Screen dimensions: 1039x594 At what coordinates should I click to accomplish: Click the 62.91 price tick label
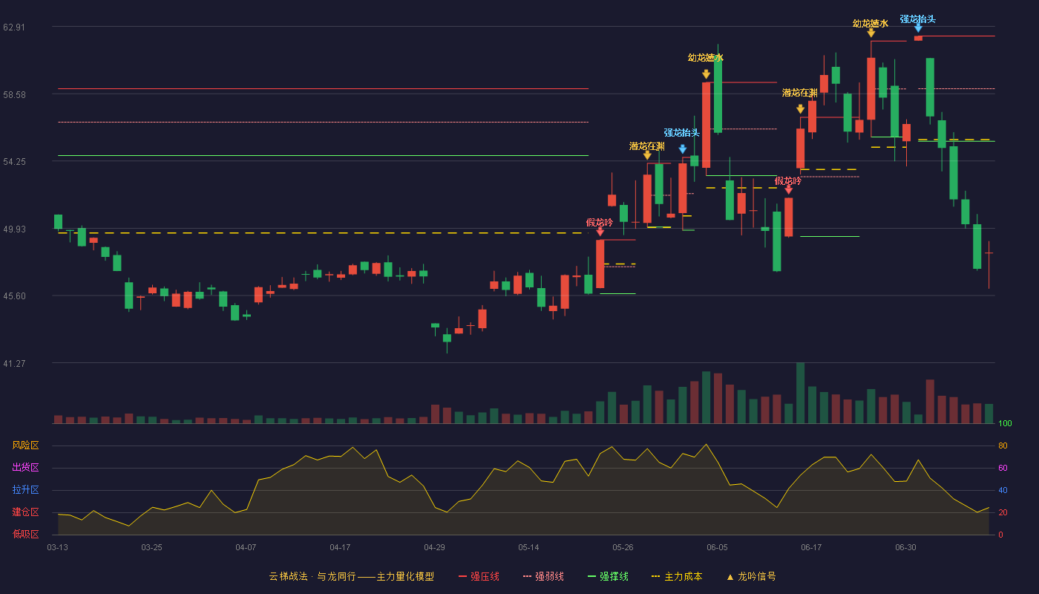point(14,27)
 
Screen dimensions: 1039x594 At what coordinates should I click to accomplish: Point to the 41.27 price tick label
point(14,363)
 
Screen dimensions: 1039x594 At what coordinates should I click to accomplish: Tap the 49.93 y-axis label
point(14,229)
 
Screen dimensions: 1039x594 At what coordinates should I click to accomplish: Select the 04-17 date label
point(340,548)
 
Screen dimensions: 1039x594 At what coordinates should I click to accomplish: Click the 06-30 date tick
point(905,548)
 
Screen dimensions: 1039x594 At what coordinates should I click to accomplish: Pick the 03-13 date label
point(58,548)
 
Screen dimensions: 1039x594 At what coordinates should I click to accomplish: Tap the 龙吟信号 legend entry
point(751,576)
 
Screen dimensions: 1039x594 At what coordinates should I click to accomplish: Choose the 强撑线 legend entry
point(608,576)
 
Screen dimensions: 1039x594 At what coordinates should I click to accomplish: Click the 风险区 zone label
point(25,445)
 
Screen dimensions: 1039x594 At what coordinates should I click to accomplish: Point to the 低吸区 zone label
point(25,534)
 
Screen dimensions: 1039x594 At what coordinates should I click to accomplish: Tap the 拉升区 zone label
point(25,489)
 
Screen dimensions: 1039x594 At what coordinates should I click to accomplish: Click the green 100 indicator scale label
point(1005,423)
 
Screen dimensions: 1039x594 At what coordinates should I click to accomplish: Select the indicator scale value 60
point(1003,468)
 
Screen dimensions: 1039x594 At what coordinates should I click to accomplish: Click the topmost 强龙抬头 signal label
point(917,19)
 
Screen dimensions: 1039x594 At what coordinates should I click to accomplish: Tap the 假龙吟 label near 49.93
point(600,222)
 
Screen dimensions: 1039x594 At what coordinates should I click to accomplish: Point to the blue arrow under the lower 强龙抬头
point(682,149)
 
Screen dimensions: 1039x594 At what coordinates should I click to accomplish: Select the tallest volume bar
point(800,393)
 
